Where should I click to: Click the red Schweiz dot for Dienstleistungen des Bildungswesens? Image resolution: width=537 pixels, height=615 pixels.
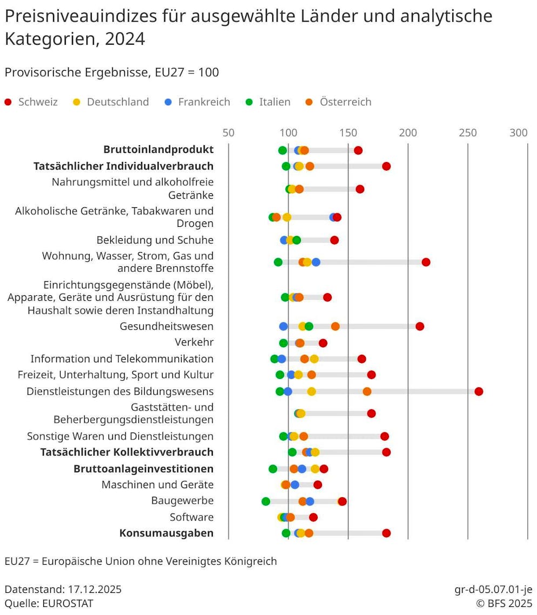[x=479, y=391]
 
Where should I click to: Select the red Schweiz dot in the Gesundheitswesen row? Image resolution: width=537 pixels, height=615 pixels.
[x=420, y=326]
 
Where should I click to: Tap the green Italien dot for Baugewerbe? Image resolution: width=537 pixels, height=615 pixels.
[x=266, y=501]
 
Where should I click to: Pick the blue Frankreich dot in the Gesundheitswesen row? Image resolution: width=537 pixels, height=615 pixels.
[x=284, y=326]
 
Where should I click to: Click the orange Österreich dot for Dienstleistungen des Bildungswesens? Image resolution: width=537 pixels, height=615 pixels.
[x=367, y=391]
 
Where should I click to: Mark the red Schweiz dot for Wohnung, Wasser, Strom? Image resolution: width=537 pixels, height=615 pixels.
[x=426, y=262]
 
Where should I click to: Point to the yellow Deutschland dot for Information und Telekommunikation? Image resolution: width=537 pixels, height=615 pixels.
[x=314, y=359]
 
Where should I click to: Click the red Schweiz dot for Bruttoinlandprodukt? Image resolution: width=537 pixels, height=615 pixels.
[x=358, y=151]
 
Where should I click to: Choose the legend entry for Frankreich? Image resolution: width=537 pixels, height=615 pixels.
[x=204, y=102]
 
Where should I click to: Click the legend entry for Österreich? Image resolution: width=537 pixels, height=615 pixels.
[x=345, y=102]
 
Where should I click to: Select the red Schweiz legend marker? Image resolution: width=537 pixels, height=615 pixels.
[x=8, y=102]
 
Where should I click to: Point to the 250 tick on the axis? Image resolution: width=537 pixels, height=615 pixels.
[x=468, y=132]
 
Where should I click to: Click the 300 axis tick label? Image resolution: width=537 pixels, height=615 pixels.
[x=519, y=132]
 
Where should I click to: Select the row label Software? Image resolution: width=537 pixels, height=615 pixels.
[x=191, y=517]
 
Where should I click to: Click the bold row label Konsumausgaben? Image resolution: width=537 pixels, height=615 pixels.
[x=166, y=533]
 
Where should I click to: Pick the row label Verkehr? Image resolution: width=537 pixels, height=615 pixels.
[x=194, y=342]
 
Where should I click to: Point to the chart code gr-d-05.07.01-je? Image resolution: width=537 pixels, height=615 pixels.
[x=493, y=589]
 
